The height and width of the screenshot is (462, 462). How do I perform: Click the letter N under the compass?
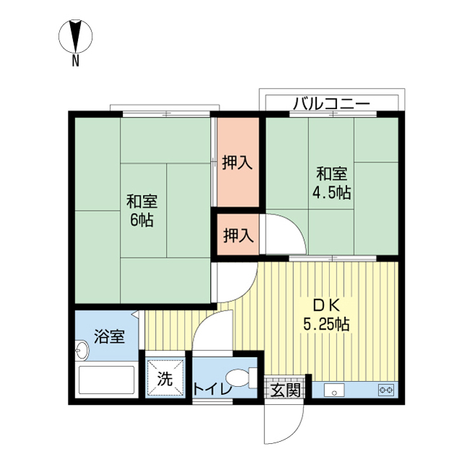coord(76,61)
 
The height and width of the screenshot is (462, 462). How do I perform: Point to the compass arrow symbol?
coord(76,36)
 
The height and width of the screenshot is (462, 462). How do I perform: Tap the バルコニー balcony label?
coord(331,103)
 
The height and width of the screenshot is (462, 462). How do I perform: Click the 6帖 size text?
coord(141,219)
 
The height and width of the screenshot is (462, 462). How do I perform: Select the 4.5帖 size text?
coord(331,193)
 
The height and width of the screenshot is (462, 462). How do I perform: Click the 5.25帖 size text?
coord(326,324)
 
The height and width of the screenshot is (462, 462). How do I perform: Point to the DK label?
coord(326,305)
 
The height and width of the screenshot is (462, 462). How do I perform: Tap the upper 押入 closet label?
coord(237,162)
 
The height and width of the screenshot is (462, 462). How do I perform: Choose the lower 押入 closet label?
coord(238,235)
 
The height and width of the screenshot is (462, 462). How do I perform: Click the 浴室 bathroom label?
coord(109,336)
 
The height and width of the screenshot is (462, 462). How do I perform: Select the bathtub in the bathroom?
coord(107,380)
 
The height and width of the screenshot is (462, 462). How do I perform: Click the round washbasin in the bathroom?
coord(81,350)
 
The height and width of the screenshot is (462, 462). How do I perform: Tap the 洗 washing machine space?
coord(165,378)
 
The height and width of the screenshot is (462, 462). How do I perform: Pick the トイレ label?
coord(212,390)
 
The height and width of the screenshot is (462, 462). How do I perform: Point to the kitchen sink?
coord(334,390)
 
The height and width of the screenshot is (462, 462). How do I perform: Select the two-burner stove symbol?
coord(386,390)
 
